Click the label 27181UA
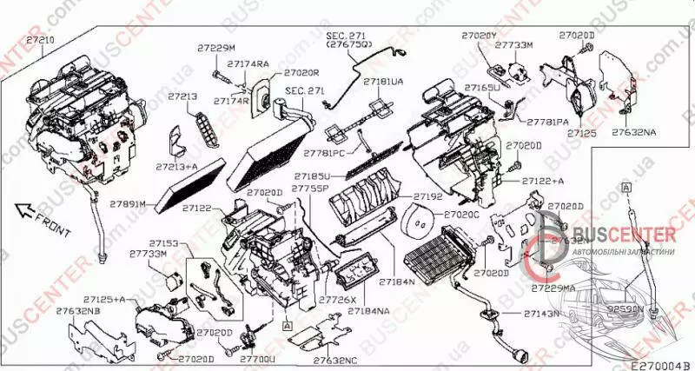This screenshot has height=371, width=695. coord(383,82)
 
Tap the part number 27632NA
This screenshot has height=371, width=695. coord(634,132)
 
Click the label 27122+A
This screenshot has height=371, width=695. coord(544,181)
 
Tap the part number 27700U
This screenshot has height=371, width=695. coord(256,357)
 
